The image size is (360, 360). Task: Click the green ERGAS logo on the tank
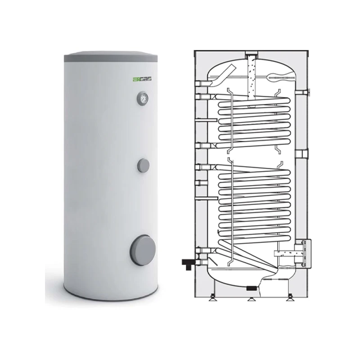tap(142, 79)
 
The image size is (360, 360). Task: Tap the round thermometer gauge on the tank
tap(142, 99)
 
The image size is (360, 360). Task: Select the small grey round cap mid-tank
tap(144, 165)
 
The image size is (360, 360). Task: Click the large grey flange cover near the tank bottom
tap(143, 250)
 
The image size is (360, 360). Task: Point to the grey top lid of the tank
tap(111, 57)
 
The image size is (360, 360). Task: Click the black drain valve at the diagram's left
tap(189, 264)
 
